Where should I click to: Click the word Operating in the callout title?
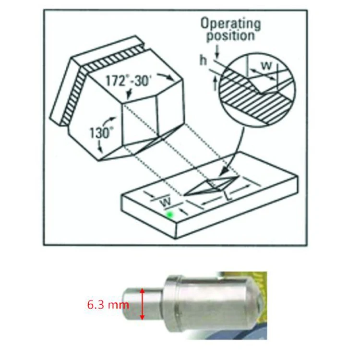[230, 23]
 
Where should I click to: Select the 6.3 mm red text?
[103, 304]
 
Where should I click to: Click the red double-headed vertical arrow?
[142, 304]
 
